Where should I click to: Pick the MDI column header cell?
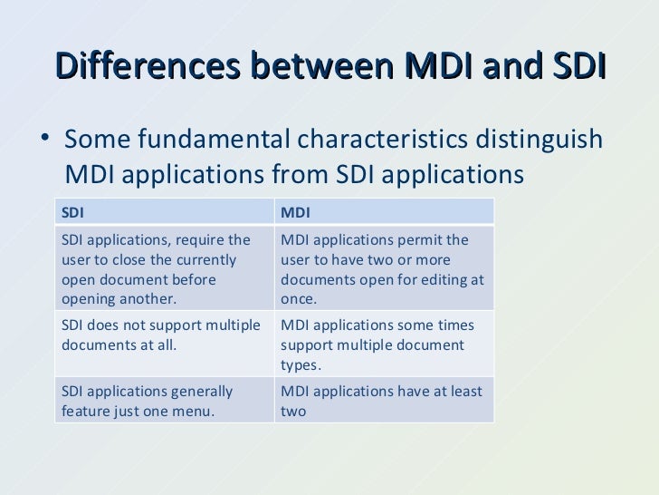click(x=385, y=212)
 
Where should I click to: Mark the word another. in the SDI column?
click(x=150, y=299)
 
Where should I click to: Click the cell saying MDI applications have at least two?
click(x=385, y=402)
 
